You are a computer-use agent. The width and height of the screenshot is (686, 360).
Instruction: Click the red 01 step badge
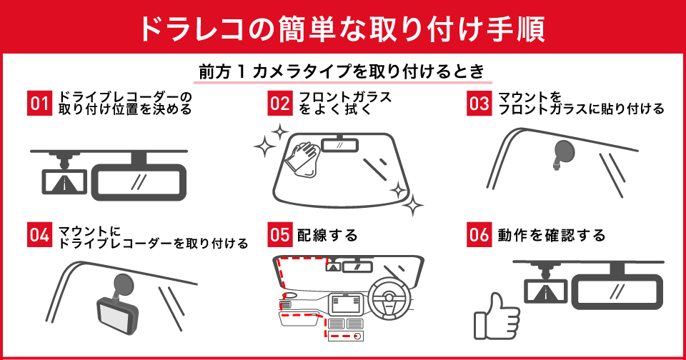pyautogui.click(x=38, y=103)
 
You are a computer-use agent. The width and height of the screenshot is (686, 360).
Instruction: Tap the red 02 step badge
pyautogui.click(x=279, y=103)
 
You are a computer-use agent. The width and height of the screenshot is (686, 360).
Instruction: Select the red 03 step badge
pyautogui.click(x=478, y=103)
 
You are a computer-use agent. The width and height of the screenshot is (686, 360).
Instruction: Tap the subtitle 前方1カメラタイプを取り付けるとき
pyautogui.click(x=342, y=71)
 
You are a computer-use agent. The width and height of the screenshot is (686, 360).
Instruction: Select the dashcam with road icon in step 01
pyautogui.click(x=64, y=181)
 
